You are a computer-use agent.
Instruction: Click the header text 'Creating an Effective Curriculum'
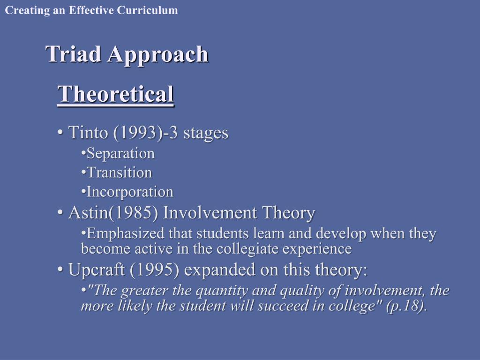91,10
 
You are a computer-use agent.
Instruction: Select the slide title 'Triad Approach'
127,54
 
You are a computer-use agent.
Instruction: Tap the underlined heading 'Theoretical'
115,94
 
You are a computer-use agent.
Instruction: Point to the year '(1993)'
135,133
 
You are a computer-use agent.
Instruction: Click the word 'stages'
206,133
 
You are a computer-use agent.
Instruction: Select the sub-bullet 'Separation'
120,154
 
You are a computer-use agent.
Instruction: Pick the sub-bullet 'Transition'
120,173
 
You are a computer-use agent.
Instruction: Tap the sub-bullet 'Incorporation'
130,192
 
